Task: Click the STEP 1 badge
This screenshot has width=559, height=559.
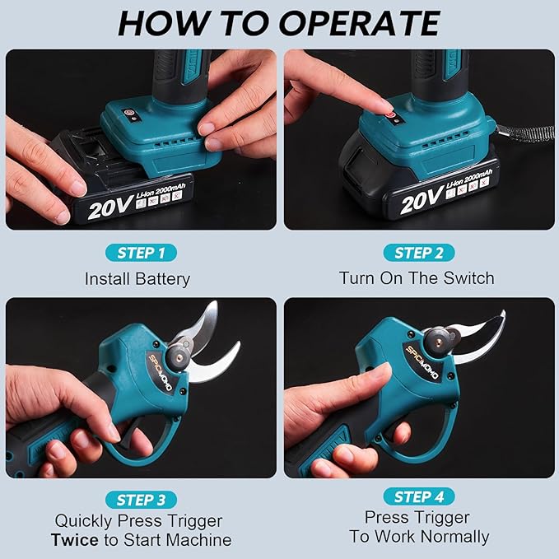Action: click(141, 253)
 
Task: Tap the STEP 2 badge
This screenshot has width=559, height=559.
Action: click(419, 253)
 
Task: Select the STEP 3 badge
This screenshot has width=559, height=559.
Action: click(141, 500)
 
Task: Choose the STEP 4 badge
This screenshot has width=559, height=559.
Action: click(419, 496)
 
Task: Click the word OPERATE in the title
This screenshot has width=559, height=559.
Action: click(359, 24)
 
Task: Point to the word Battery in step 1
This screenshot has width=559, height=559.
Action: click(163, 279)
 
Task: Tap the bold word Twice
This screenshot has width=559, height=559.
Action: click(75, 540)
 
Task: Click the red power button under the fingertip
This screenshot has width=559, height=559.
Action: click(392, 115)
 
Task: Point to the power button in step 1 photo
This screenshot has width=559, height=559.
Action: click(128, 112)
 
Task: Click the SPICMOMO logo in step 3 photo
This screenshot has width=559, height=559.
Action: click(161, 373)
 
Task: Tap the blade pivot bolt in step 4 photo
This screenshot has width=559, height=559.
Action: click(438, 342)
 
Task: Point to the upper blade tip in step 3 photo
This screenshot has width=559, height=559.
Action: click(215, 303)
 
